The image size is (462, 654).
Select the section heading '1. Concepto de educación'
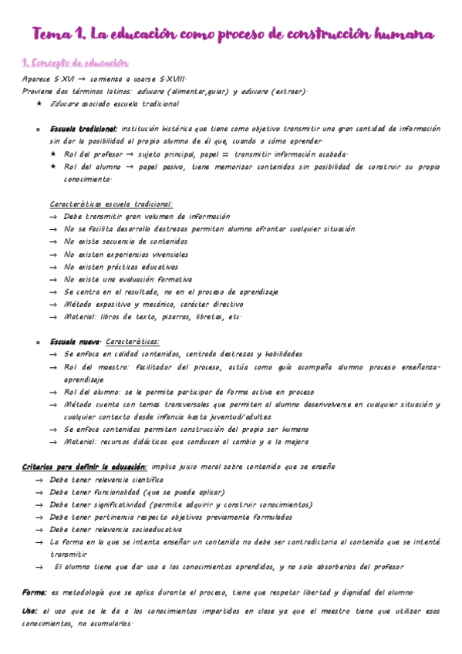click(75, 62)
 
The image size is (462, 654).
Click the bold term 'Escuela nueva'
click(74, 341)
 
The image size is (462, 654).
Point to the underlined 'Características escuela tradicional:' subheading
click(111, 204)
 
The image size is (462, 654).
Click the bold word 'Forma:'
click(35, 592)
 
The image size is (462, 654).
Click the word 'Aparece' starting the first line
click(37, 79)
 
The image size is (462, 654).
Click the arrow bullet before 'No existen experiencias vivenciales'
click(52, 255)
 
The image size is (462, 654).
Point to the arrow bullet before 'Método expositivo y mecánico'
click(52, 304)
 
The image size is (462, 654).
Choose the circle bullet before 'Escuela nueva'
click(38, 342)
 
